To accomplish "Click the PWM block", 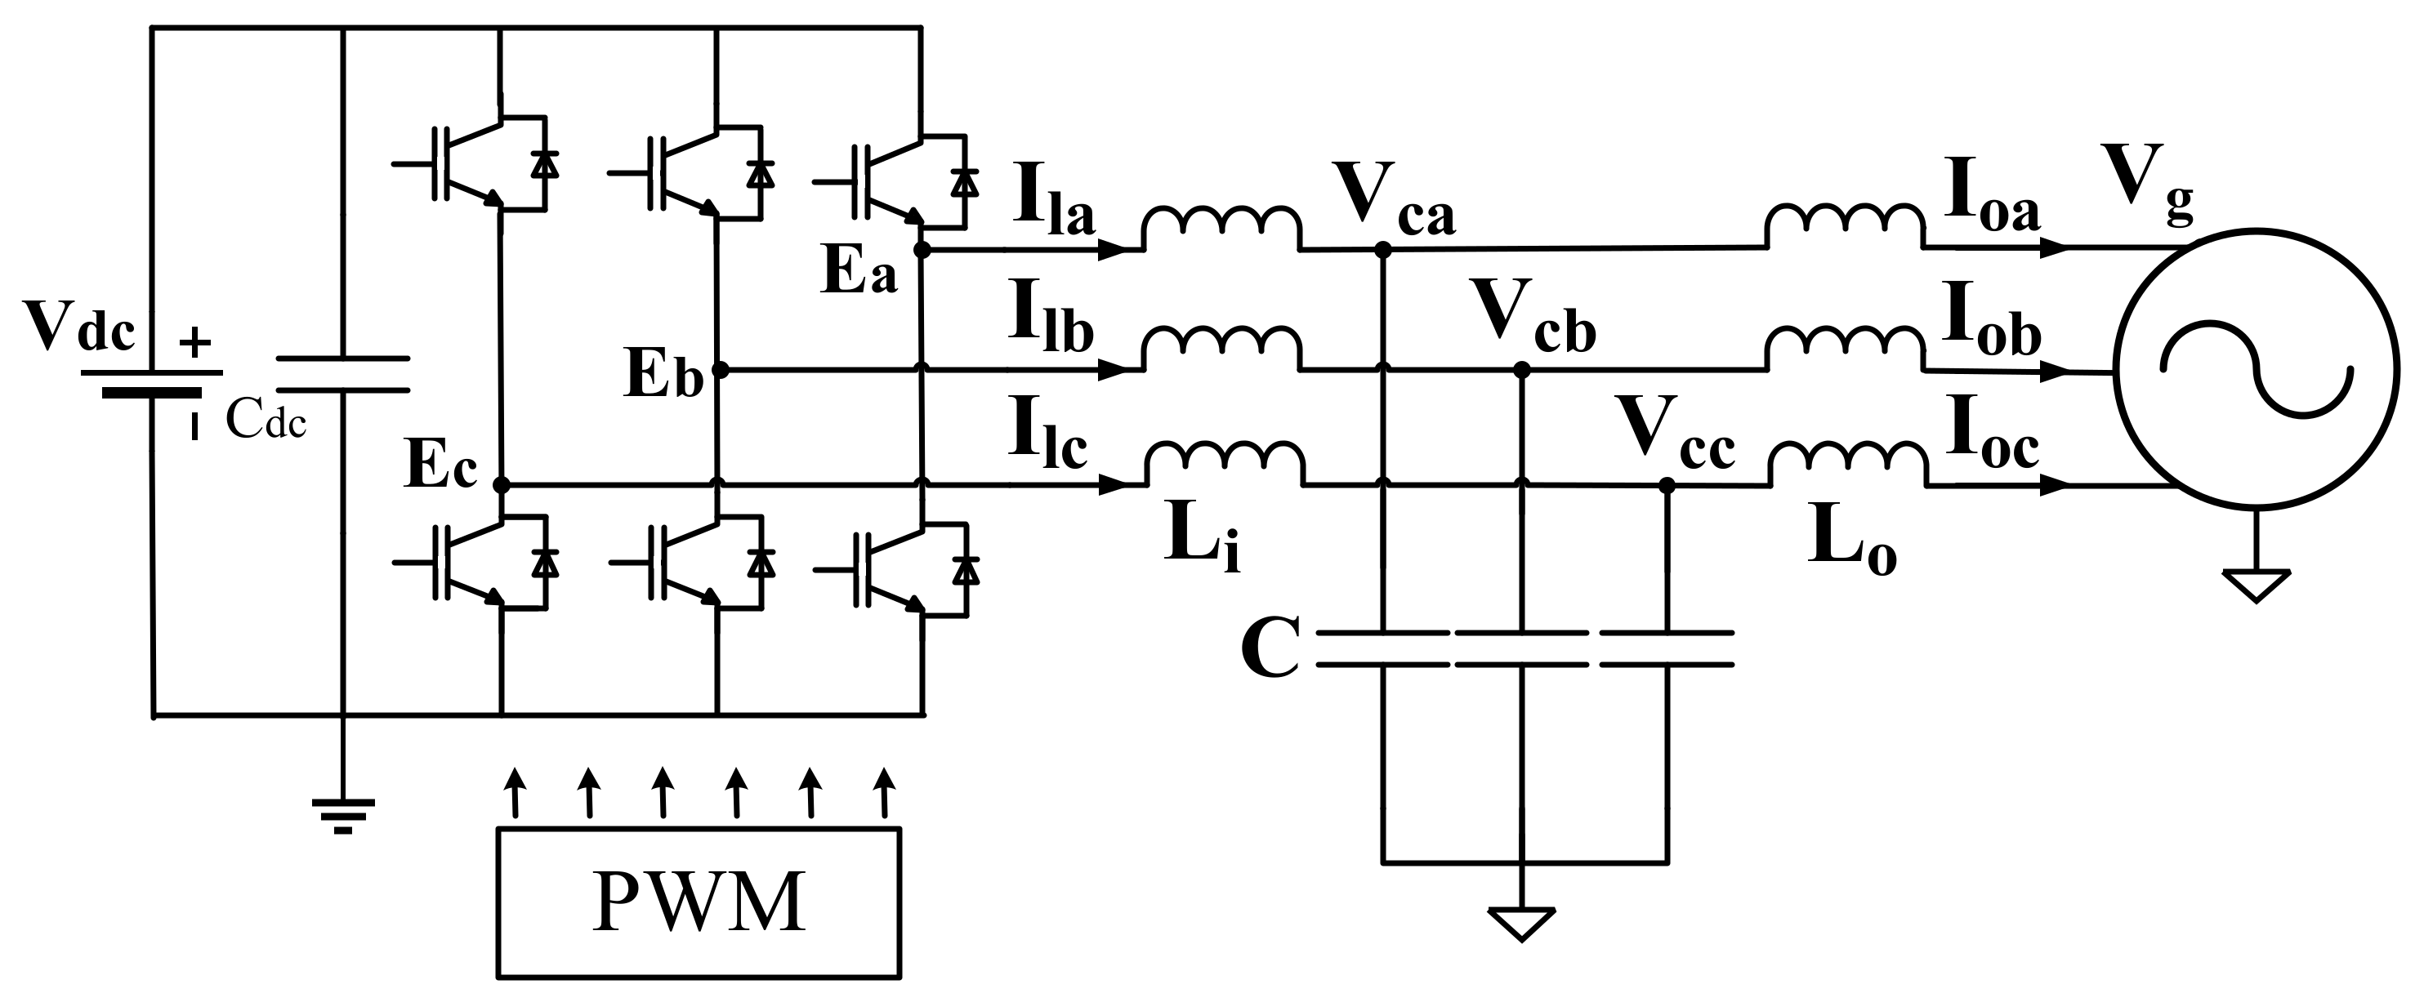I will (x=699, y=902).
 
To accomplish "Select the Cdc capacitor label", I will (x=266, y=423).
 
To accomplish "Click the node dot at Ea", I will (x=922, y=250).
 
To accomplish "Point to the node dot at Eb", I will (x=720, y=370).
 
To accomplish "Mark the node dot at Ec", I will (x=502, y=485).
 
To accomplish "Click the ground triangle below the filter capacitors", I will (x=1520, y=923).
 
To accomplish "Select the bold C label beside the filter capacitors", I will (x=1270, y=649).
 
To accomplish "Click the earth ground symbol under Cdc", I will (x=343, y=814).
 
